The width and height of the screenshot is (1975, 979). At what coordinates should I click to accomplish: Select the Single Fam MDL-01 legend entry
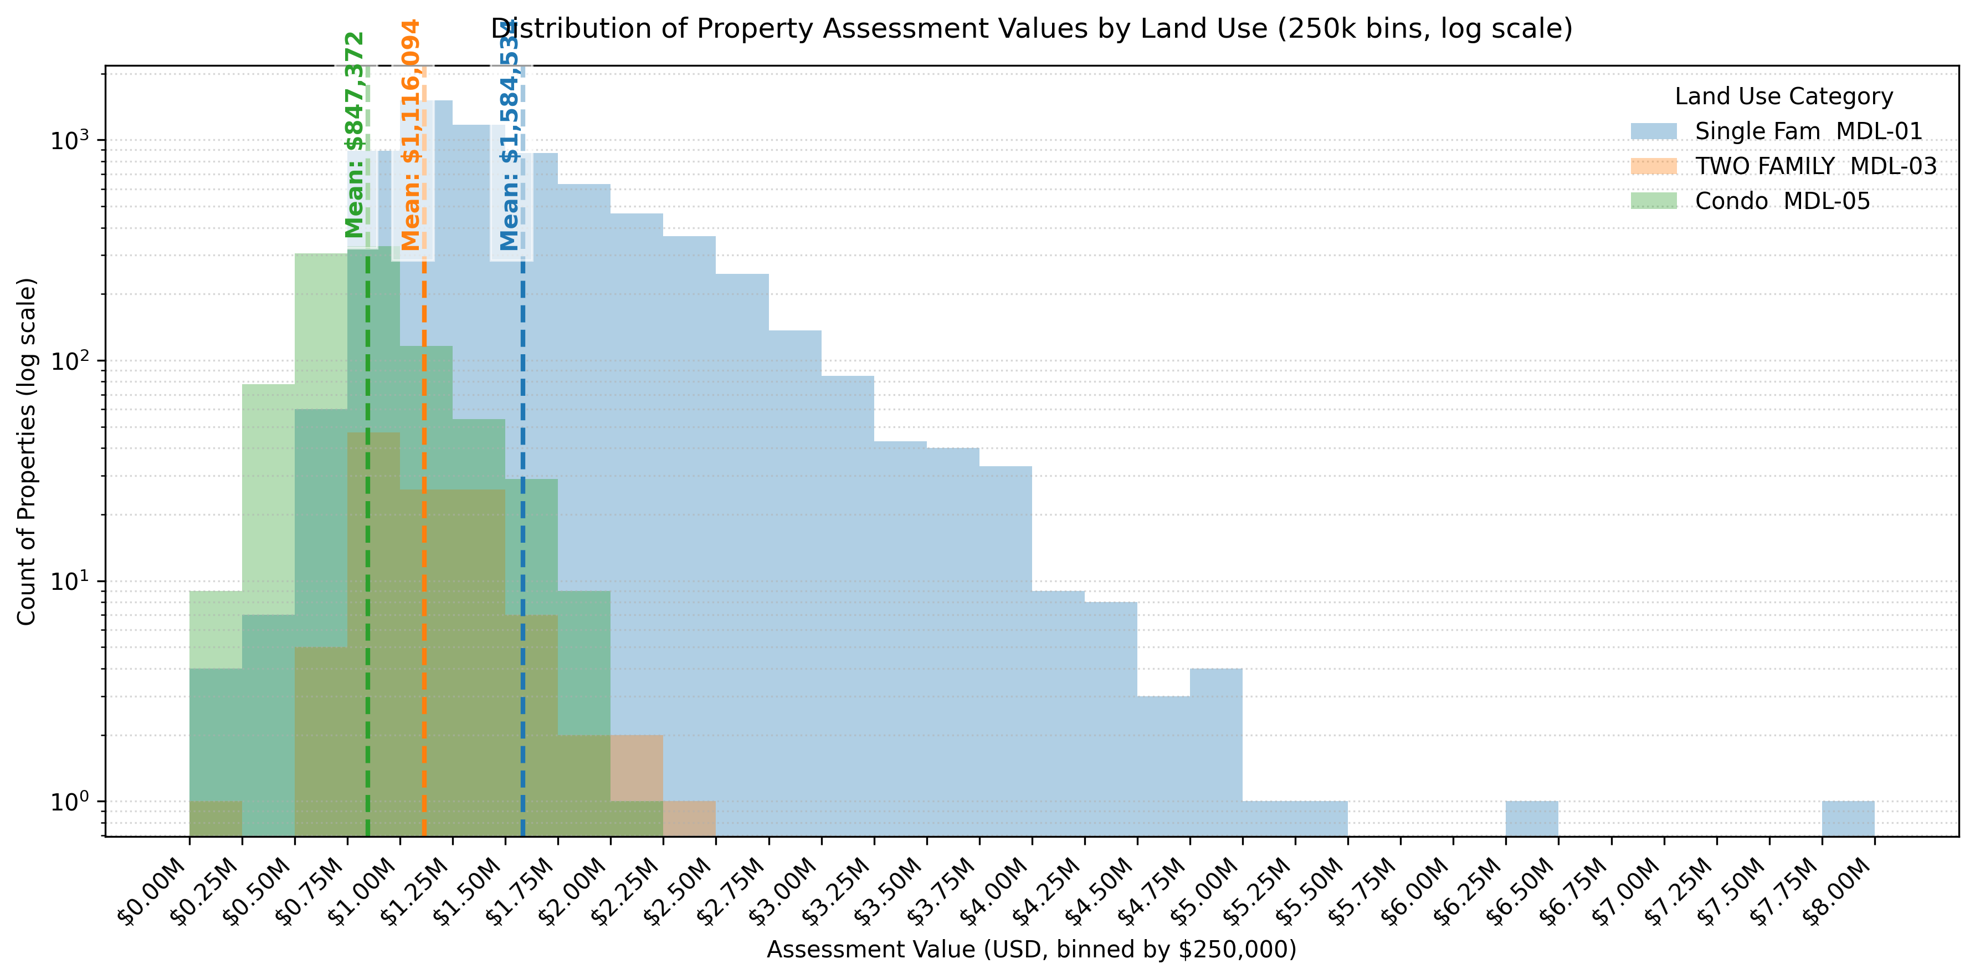coord(1808,131)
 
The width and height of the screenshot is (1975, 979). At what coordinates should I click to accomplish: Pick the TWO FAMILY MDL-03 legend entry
coord(1815,166)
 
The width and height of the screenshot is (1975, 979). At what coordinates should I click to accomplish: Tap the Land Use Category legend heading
coord(1783,96)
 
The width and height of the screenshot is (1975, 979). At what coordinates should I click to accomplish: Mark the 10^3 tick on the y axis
coord(69,140)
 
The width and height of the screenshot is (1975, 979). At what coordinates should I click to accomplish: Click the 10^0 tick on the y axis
coord(69,802)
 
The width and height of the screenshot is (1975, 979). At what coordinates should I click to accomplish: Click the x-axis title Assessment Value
coord(1031,950)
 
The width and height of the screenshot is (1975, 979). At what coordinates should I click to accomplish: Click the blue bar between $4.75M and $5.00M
coord(1216,752)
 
